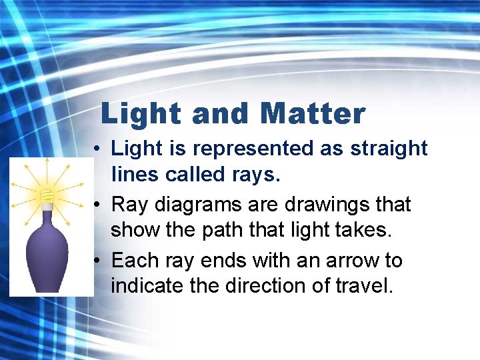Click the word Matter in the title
313,114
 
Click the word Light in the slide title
141,114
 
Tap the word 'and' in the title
219,114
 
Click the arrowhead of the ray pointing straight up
46,162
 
